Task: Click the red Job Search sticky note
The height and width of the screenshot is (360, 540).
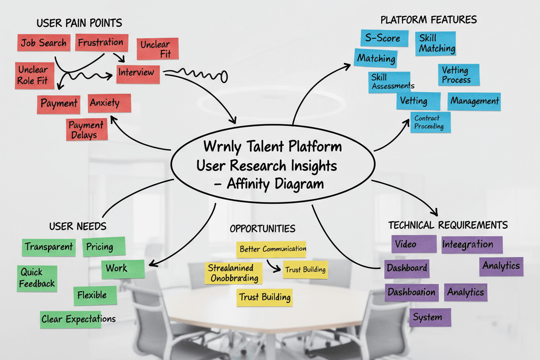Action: click(44, 43)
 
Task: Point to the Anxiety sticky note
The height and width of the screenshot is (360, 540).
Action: click(109, 103)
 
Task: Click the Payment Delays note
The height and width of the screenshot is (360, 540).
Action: click(87, 130)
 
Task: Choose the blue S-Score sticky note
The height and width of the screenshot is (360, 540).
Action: click(384, 38)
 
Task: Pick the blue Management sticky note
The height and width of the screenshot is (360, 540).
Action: click(474, 102)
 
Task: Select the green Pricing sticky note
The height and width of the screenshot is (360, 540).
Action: click(103, 247)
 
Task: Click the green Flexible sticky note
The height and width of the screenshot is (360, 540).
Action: click(95, 296)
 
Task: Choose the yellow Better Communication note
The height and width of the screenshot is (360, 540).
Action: click(272, 249)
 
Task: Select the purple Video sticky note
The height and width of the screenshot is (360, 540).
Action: click(414, 244)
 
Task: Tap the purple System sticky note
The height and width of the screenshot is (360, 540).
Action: click(430, 317)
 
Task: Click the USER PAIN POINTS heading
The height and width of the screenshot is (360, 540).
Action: click(79, 22)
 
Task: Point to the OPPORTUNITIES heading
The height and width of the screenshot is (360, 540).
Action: click(263, 228)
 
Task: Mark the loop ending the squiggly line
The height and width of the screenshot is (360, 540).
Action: click(224, 77)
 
